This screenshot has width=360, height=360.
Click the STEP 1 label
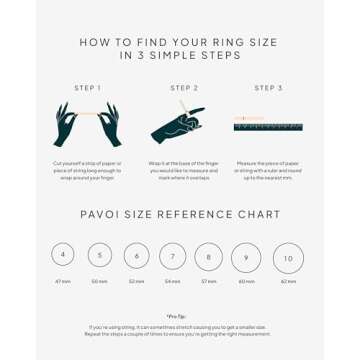point(88,88)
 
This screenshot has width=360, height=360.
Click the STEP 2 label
point(184,88)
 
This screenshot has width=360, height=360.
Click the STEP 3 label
point(268,88)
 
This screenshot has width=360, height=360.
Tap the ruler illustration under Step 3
point(268,125)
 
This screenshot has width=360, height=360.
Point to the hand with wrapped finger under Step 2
point(178,126)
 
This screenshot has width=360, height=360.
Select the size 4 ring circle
point(63,255)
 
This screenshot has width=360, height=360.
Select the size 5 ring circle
point(99,256)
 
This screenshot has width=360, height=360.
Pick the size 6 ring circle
point(136,256)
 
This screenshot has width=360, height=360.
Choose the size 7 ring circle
point(172,257)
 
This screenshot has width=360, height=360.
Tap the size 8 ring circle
point(209,257)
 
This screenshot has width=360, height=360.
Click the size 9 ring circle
point(246,257)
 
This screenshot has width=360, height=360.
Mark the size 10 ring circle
point(288,258)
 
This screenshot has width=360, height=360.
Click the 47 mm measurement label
point(63,282)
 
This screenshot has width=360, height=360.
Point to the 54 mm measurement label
point(172,282)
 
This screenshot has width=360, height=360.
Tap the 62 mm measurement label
point(288,282)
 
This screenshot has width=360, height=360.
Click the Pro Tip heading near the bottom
point(180,316)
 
